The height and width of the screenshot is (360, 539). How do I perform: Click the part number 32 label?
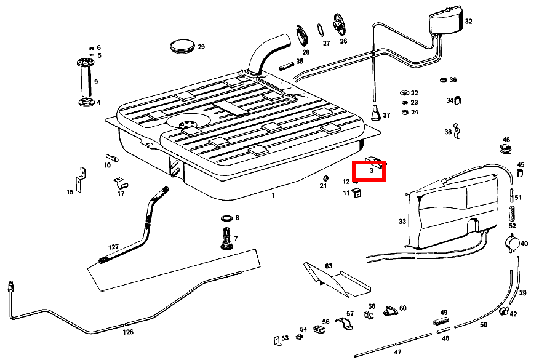pos(469,22)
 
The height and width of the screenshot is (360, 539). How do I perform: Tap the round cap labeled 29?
pos(182,47)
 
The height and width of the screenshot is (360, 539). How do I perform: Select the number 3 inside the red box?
pos(372,170)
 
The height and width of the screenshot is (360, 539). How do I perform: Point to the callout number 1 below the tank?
pos(273,195)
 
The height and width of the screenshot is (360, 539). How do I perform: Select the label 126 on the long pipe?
pos(127,332)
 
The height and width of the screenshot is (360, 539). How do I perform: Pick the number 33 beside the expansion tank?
pos(402,222)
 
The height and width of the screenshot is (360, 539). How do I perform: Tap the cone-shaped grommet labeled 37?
pos(375,114)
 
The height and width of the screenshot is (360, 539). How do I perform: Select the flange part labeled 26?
pos(339,25)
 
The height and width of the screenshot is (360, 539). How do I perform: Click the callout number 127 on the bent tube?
pos(114,247)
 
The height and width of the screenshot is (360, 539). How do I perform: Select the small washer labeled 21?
pos(324,179)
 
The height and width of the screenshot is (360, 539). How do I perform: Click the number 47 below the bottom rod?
pos(397,352)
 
